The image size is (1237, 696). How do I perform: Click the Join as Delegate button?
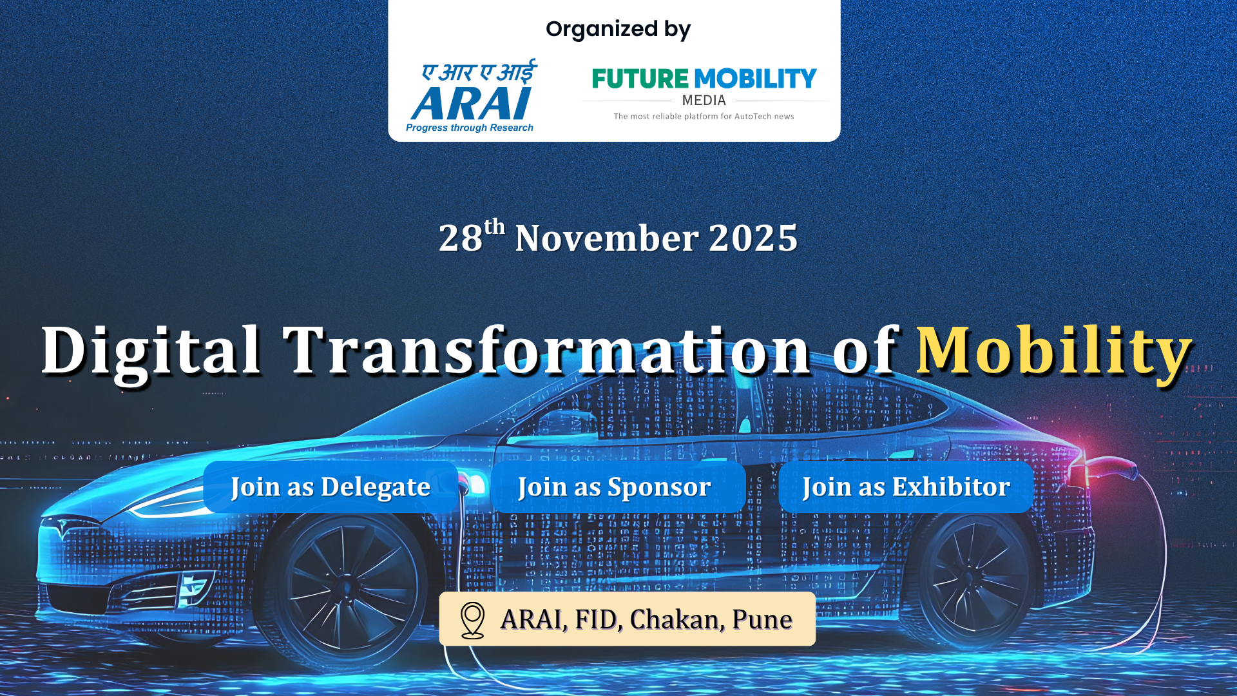pos(331,487)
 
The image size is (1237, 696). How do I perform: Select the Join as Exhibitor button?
pos(905,487)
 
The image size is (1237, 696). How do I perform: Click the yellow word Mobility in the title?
pos(1054,351)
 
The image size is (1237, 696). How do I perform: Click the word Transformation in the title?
pos(546,351)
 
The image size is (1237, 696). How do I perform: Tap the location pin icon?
pos(472,620)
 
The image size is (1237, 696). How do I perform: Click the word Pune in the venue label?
pos(762,620)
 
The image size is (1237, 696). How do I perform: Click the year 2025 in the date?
pos(753,238)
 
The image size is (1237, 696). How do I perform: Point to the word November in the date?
pos(606,238)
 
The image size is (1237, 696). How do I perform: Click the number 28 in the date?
pos(461,238)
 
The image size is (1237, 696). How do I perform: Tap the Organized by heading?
pos(618,30)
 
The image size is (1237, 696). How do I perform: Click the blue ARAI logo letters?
pos(472,103)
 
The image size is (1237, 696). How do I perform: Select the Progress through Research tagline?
pos(470,128)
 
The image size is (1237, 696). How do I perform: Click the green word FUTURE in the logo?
pos(640,79)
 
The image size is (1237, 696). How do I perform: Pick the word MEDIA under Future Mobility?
pos(704,101)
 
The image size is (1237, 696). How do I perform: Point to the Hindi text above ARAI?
pos(479,72)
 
